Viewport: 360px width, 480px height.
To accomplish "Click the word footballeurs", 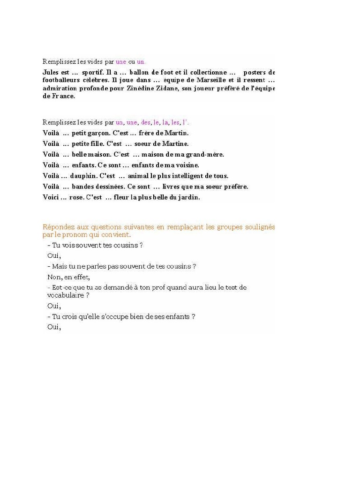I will click(x=60, y=80).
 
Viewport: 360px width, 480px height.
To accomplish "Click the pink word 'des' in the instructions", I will click(x=146, y=122).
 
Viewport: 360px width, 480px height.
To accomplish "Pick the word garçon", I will click(x=99, y=133).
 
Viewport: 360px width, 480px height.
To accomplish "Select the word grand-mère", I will click(x=205, y=154).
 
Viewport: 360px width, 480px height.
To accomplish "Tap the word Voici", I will click(x=50, y=197).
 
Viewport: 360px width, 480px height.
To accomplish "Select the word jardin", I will click(x=188, y=197).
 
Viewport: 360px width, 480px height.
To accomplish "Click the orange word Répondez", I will click(x=59, y=227).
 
